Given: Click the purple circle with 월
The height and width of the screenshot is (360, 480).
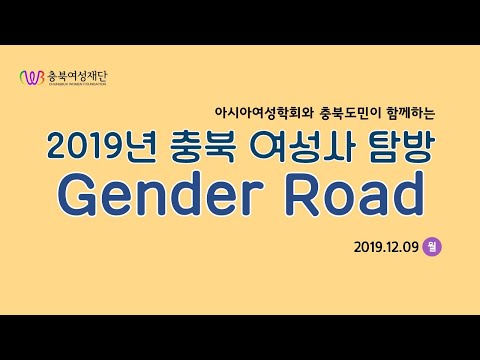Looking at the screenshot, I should click(x=431, y=244).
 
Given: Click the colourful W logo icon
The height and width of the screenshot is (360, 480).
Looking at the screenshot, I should click(x=33, y=77).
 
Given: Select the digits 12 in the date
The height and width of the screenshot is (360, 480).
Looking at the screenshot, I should click(x=390, y=244).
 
